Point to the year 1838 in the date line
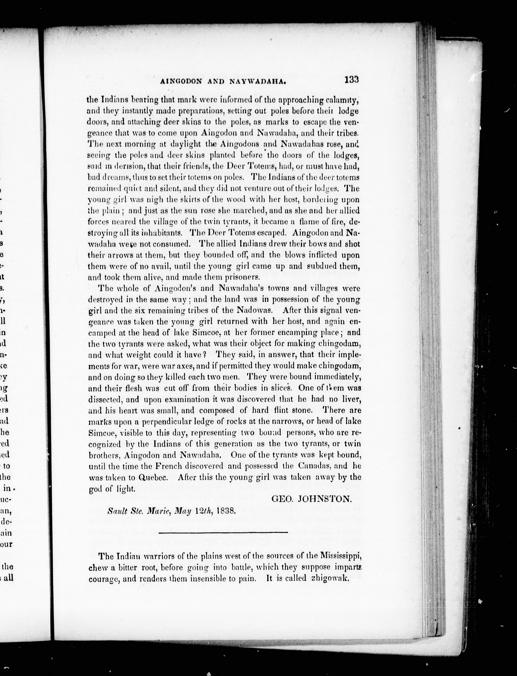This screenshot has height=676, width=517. (x=226, y=512)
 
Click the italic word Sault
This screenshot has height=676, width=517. (x=115, y=512)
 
